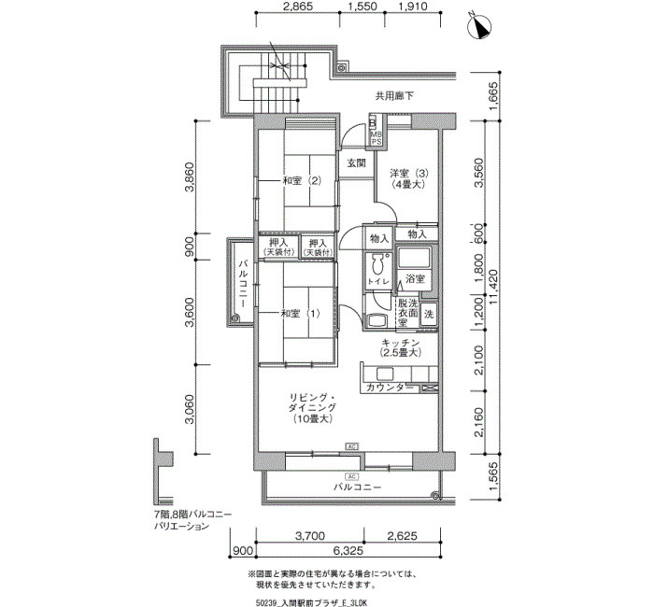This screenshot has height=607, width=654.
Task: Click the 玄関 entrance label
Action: coord(356,163)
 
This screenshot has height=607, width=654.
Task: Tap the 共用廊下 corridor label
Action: coord(394,95)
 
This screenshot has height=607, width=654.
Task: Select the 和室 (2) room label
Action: coord(302,180)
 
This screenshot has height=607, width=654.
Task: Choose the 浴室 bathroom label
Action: coord(415,279)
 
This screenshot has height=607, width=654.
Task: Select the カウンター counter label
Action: coord(385,387)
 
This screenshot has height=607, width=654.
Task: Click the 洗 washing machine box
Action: coord(429,315)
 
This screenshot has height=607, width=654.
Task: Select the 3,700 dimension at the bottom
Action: coord(309,536)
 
